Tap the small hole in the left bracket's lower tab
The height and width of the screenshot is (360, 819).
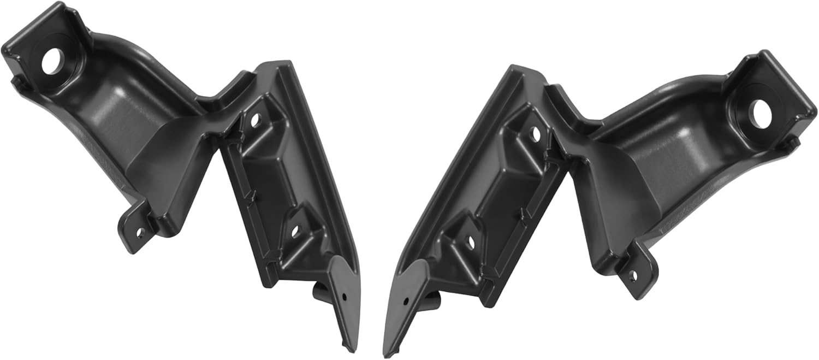pos(138,232)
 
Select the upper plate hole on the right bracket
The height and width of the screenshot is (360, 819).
pos(535,133)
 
